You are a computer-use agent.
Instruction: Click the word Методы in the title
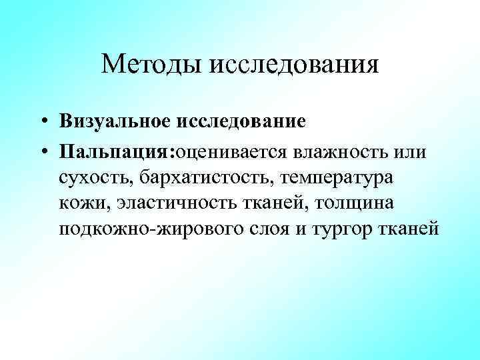[153, 65]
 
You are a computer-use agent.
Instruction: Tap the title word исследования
[295, 65]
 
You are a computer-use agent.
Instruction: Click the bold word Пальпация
[115, 152]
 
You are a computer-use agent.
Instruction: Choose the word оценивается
[231, 152]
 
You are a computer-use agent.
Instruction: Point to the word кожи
[78, 203]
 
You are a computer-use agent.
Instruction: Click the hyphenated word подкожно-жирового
[150, 229]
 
